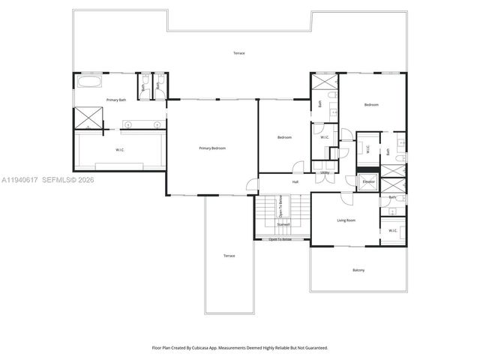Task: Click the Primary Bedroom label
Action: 212,148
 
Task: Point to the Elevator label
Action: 368,181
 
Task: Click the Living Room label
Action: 345,220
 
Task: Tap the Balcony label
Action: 358,270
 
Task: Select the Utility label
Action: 325,172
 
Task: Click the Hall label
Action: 295,181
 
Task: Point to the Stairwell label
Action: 283,223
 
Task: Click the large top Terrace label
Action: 238,53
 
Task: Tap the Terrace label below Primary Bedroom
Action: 229,256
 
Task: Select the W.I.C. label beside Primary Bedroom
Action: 119,150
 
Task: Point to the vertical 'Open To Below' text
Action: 280,204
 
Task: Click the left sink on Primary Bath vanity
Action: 127,124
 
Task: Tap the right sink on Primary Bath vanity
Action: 157,124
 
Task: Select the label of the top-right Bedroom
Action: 371,105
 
